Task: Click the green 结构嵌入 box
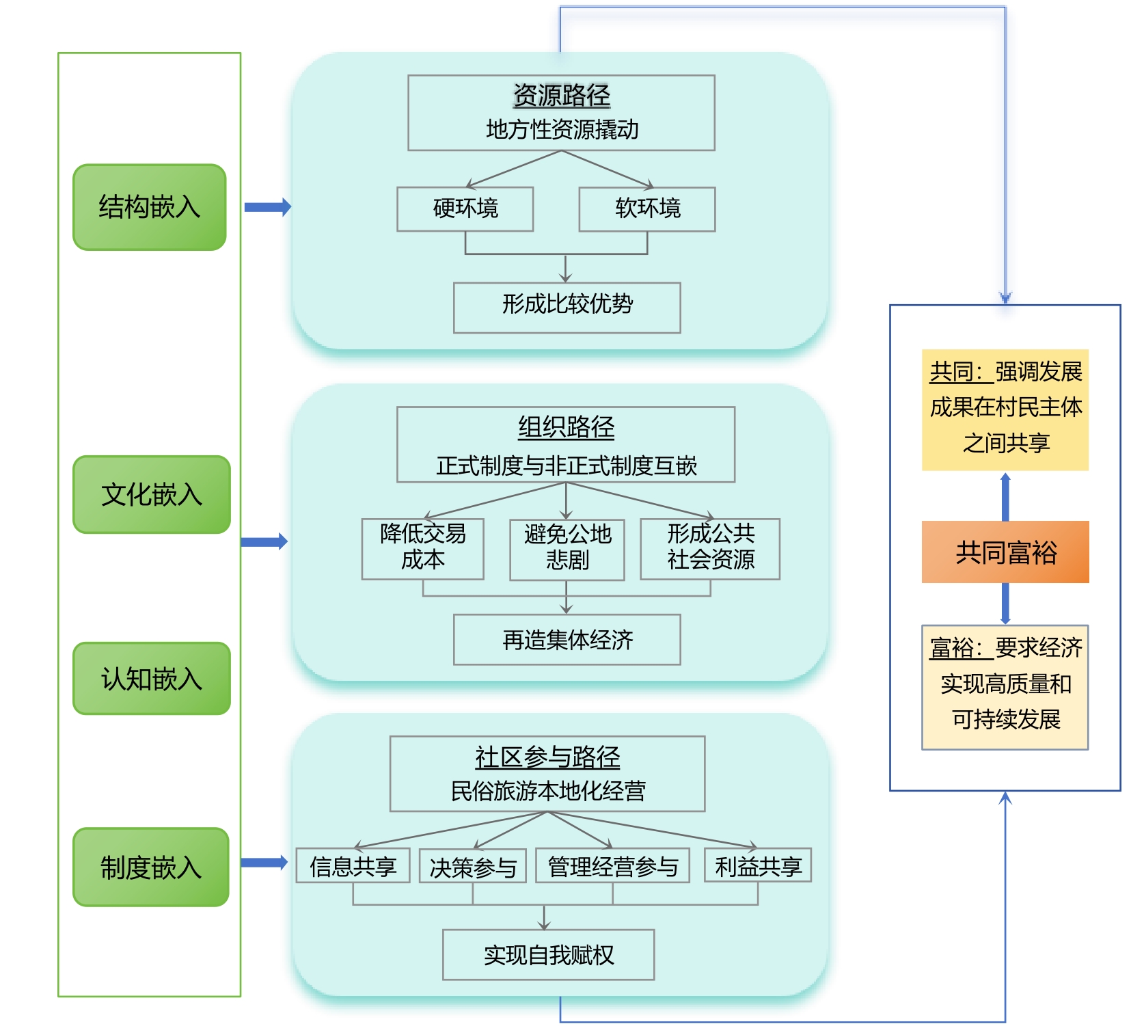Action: pyautogui.click(x=149, y=207)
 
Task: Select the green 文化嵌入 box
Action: pyautogui.click(x=152, y=494)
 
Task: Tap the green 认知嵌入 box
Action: pyautogui.click(x=152, y=679)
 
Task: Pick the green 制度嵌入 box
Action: pyautogui.click(x=151, y=867)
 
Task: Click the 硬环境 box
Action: pyautogui.click(x=465, y=208)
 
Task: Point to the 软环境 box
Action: pyautogui.click(x=647, y=208)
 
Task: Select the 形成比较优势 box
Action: pyautogui.click(x=567, y=308)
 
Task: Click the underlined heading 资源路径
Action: pyautogui.click(x=562, y=96)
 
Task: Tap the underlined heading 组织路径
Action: pyautogui.click(x=566, y=428)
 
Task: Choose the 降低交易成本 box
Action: pyautogui.click(x=423, y=549)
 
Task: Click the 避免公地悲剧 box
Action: pyautogui.click(x=567, y=549)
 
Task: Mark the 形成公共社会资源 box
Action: pyautogui.click(x=710, y=549)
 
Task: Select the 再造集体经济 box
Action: pyautogui.click(x=567, y=640)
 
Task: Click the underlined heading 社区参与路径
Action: pyautogui.click(x=547, y=757)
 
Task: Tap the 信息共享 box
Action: pyautogui.click(x=353, y=866)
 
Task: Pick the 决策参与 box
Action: pyautogui.click(x=473, y=867)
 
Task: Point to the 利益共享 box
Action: pyautogui.click(x=758, y=866)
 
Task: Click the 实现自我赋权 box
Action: pyautogui.click(x=549, y=955)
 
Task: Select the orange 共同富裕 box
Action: pyautogui.click(x=1005, y=552)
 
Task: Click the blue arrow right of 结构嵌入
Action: pyautogui.click(x=268, y=207)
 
